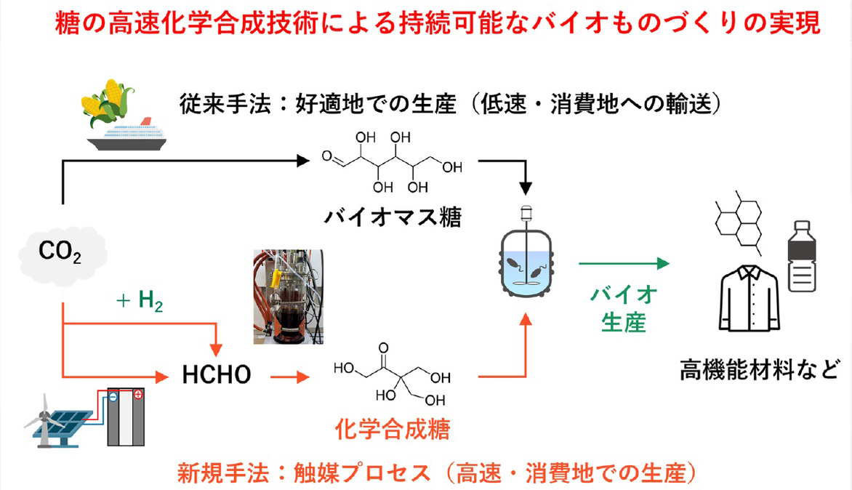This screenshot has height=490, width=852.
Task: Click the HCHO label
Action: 217,375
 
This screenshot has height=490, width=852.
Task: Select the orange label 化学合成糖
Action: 393,429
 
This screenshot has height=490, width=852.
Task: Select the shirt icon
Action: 749,297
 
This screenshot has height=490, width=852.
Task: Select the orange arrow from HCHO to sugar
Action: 288,377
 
